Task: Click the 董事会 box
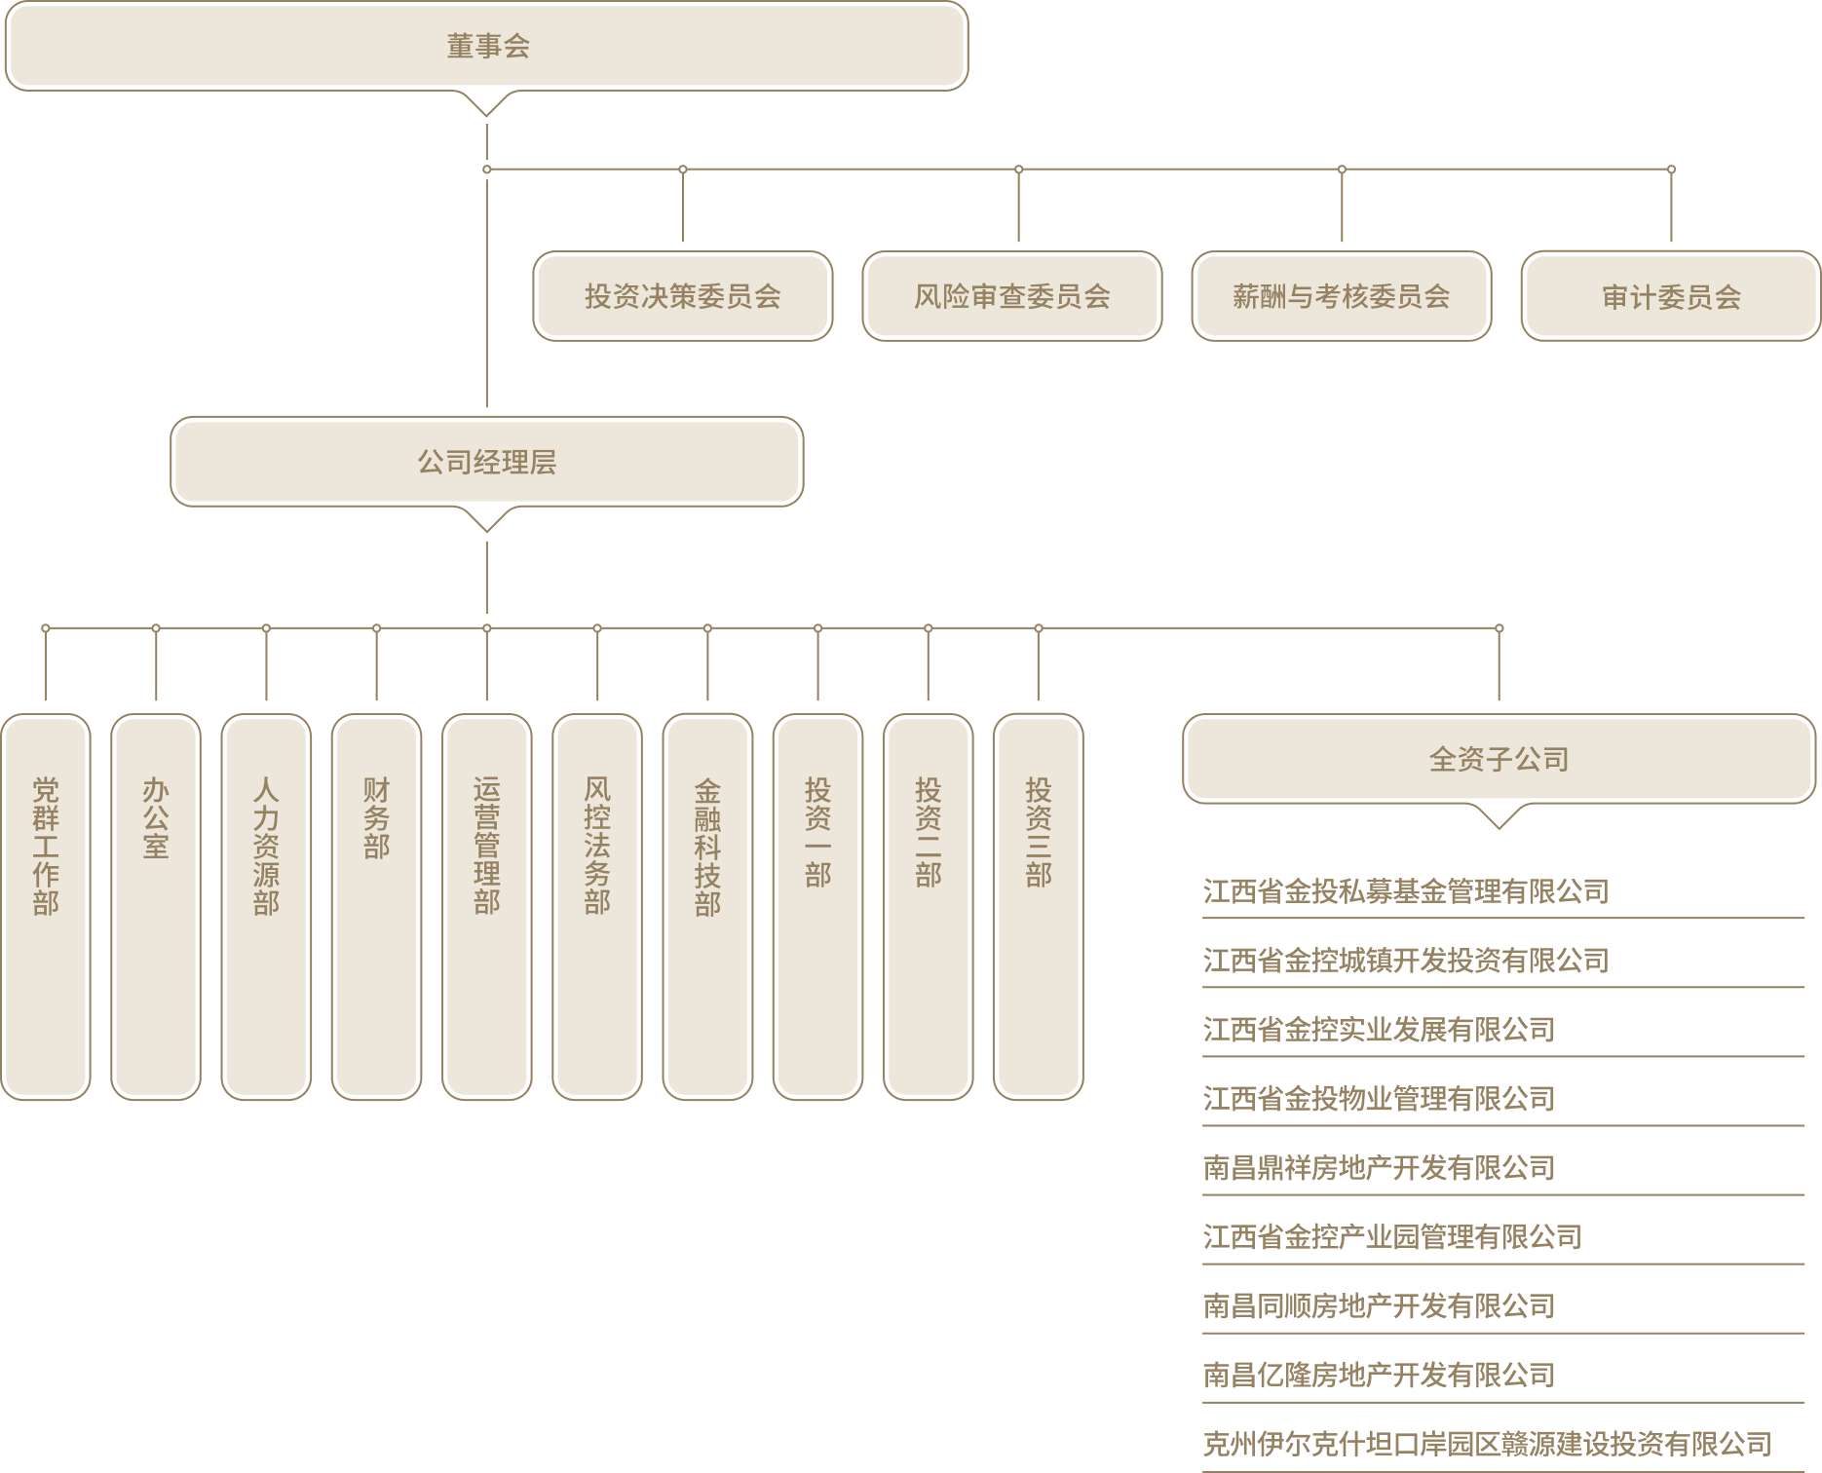[487, 47]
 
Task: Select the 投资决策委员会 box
[683, 296]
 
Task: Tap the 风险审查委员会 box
[1012, 296]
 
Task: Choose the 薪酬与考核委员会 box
[1342, 296]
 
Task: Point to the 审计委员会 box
[1671, 296]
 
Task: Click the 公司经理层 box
[487, 462]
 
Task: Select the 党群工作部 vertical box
[46, 907]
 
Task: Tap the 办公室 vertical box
[156, 907]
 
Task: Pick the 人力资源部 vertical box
[266, 907]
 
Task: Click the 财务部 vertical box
[376, 907]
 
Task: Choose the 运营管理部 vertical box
[487, 907]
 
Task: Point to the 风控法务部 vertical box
[597, 907]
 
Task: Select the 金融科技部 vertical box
[707, 907]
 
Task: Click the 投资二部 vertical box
[928, 907]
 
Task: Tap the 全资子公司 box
[1499, 759]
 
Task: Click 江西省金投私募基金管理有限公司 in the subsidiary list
[1405, 891]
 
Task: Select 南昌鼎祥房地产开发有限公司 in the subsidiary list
[1379, 1167]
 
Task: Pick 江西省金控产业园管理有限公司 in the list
[1391, 1236]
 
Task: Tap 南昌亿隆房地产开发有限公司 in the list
[1379, 1375]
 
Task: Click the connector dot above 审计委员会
[1671, 170]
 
